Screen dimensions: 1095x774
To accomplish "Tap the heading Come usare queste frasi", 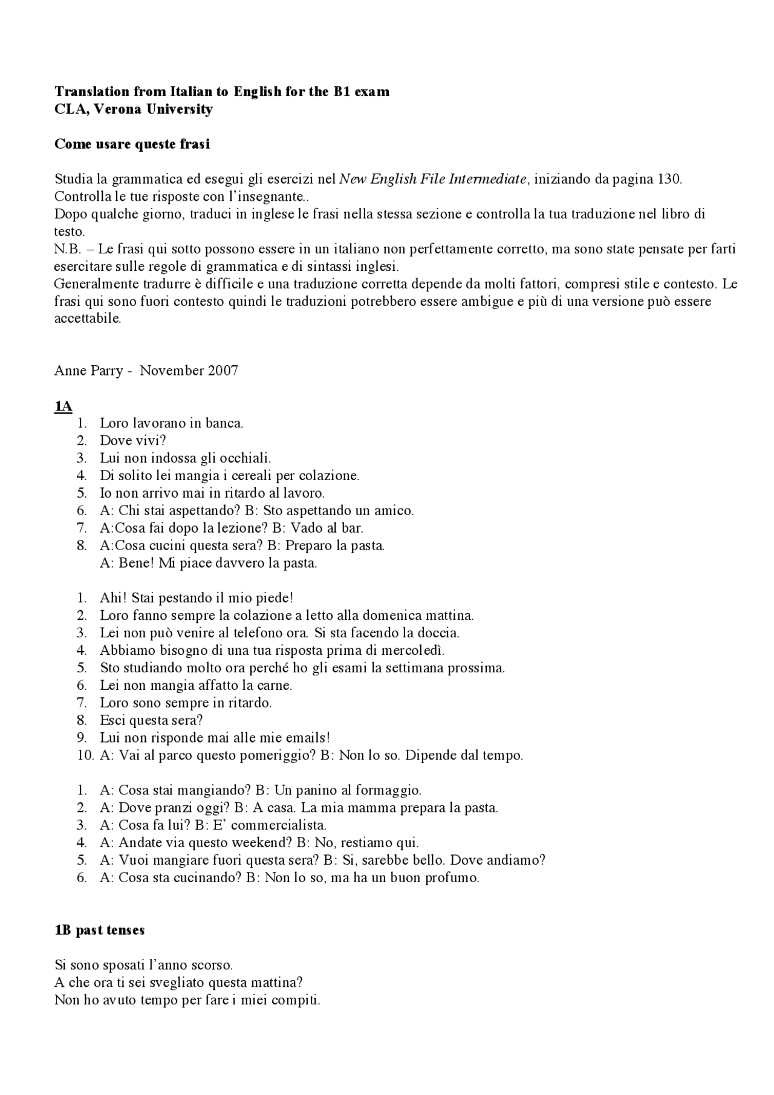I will pyautogui.click(x=132, y=144).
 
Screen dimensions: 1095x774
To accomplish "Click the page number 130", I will pyautogui.click(x=669, y=179).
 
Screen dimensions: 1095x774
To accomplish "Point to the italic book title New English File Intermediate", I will pyautogui.click(x=432, y=179).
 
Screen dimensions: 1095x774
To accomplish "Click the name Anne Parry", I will pyautogui.click(x=88, y=371).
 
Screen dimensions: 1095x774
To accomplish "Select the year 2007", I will pyautogui.click(x=223, y=371).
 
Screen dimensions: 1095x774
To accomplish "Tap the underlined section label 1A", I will pyautogui.click(x=63, y=406).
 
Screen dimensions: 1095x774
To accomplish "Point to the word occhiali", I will pyautogui.click(x=244, y=458).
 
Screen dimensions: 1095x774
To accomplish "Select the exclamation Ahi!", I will pyautogui.click(x=113, y=598).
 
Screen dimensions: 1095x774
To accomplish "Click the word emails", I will pyautogui.click(x=308, y=738).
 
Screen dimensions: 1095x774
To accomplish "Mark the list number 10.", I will pyautogui.click(x=85, y=755).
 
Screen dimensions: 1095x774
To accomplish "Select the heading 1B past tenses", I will pyautogui.click(x=99, y=930).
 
